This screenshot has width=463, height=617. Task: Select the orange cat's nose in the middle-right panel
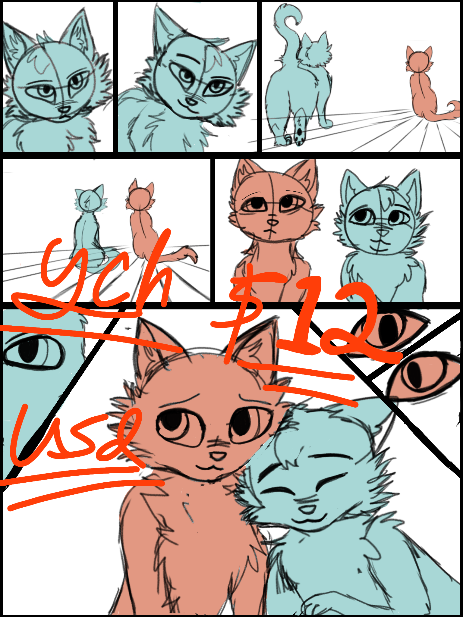tap(273, 222)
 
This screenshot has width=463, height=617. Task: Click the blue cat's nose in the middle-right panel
tap(383, 233)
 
